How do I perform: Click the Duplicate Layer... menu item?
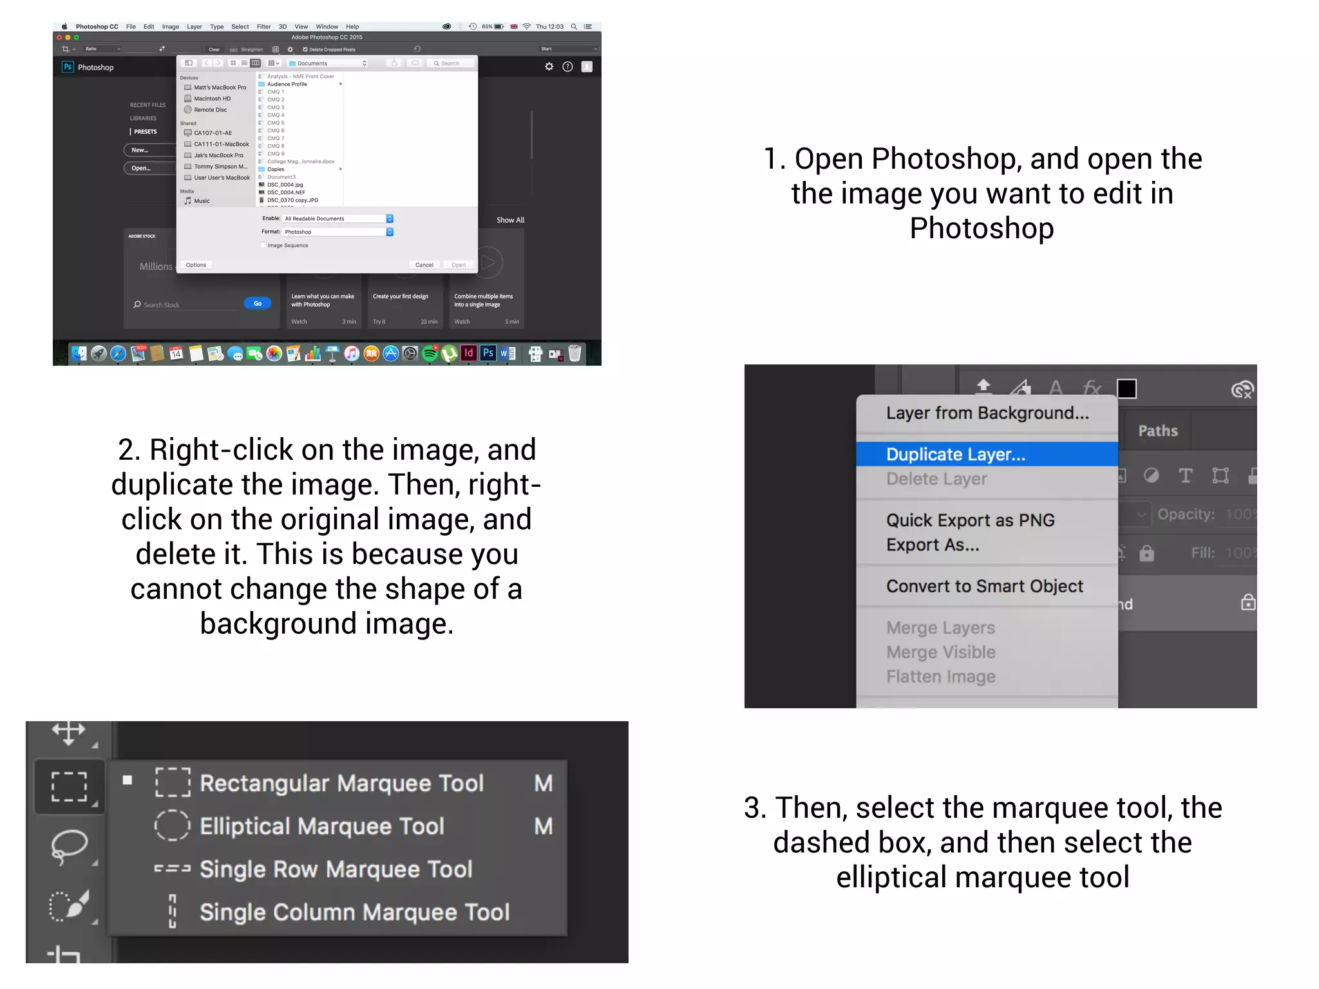[x=955, y=455]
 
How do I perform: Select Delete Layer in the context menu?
[x=936, y=479]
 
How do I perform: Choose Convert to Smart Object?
[x=984, y=587]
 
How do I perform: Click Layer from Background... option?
[x=987, y=413]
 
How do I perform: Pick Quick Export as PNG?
[x=970, y=520]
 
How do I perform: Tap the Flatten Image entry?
[x=940, y=677]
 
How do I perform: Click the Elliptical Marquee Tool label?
[x=321, y=826]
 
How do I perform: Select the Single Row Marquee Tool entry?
[x=336, y=869]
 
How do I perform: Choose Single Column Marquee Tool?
[x=354, y=912]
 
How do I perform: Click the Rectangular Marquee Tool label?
[x=341, y=784]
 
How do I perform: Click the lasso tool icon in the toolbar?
[x=69, y=845]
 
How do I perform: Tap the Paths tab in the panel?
[x=1157, y=431]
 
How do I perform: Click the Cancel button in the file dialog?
[x=424, y=265]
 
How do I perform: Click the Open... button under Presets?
[x=141, y=169]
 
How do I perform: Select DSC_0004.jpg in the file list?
[x=285, y=185]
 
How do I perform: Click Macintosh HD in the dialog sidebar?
[x=212, y=99]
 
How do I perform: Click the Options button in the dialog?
[x=196, y=265]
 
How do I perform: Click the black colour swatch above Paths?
[x=1126, y=389]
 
